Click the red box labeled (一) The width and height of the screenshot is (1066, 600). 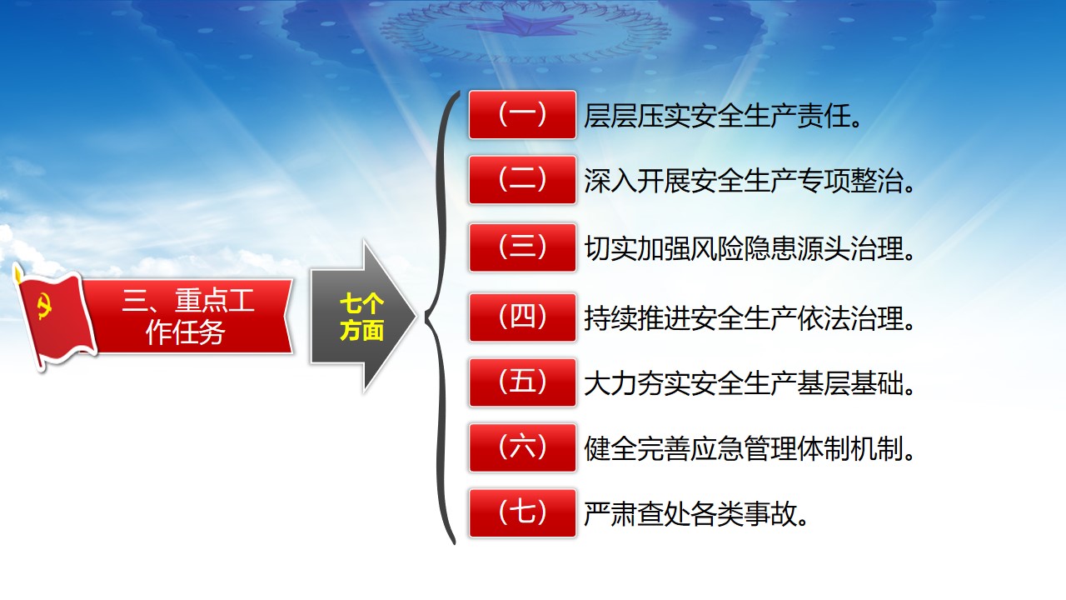[522, 115]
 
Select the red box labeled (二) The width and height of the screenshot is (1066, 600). [522, 180]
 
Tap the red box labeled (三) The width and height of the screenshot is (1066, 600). [522, 247]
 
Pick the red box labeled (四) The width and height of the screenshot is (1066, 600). [522, 317]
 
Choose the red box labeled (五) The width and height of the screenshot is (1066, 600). [522, 382]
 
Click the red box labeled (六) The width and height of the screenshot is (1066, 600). [522, 447]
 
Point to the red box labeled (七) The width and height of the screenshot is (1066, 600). [522, 512]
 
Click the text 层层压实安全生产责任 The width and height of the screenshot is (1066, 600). [717, 116]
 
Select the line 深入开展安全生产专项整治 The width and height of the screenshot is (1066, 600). [744, 181]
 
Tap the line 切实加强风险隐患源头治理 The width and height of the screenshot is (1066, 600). [744, 248]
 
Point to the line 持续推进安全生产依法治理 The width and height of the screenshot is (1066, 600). [744, 318]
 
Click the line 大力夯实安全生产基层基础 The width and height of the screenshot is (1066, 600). [744, 383]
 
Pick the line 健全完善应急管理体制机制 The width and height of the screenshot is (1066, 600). [744, 448]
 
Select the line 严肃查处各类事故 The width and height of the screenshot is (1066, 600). [690, 514]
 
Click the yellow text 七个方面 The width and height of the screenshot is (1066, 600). [361, 317]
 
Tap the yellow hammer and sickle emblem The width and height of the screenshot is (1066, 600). [44, 306]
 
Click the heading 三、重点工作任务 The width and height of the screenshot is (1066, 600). [187, 317]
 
